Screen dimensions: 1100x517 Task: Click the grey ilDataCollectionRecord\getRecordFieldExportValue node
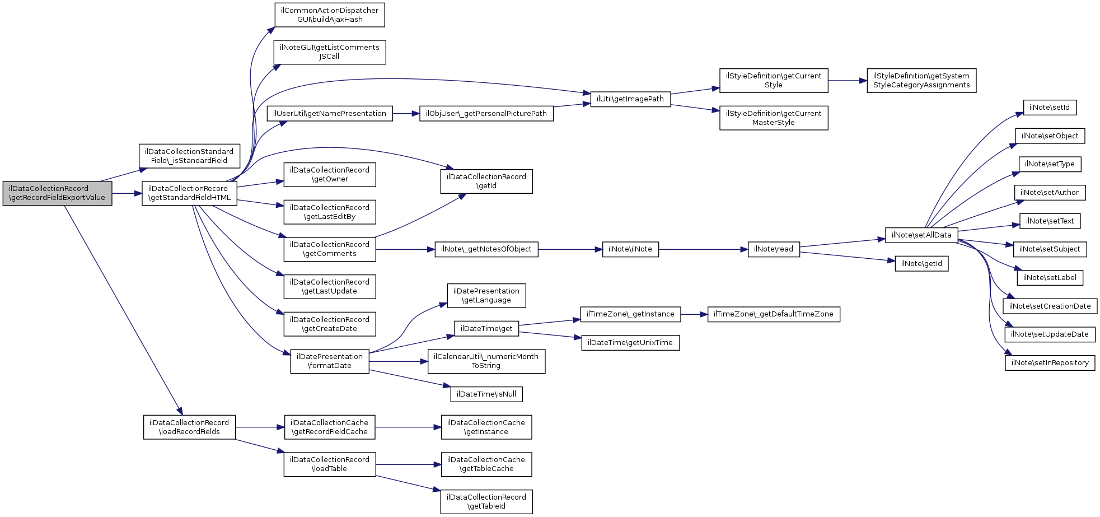(57, 193)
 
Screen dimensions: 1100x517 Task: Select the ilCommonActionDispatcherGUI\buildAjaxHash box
(330, 15)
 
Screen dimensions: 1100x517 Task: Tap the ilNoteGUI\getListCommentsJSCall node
(330, 52)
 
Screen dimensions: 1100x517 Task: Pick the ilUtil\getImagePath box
(630, 99)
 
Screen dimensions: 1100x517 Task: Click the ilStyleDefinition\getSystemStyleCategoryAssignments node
(921, 81)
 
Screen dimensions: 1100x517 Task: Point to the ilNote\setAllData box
(921, 235)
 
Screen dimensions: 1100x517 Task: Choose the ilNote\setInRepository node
(1050, 363)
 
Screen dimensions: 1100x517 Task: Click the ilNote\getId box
(921, 264)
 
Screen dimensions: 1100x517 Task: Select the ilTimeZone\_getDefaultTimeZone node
(774, 314)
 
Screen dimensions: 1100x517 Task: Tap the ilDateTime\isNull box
(486, 394)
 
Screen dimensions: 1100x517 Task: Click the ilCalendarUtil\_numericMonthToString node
(486, 361)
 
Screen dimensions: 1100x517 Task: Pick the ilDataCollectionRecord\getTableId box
(486, 502)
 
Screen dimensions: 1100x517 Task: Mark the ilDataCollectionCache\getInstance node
(486, 427)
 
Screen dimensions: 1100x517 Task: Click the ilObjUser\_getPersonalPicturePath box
(486, 114)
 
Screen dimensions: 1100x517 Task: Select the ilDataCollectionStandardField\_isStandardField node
(189, 156)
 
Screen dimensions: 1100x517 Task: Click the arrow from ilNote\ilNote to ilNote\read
(703, 249)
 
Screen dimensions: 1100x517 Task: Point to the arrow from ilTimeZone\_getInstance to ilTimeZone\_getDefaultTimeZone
(694, 314)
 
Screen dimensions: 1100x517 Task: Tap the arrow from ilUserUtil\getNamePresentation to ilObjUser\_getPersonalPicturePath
(406, 114)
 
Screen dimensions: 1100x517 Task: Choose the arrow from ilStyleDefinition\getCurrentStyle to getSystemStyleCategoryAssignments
(848, 81)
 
